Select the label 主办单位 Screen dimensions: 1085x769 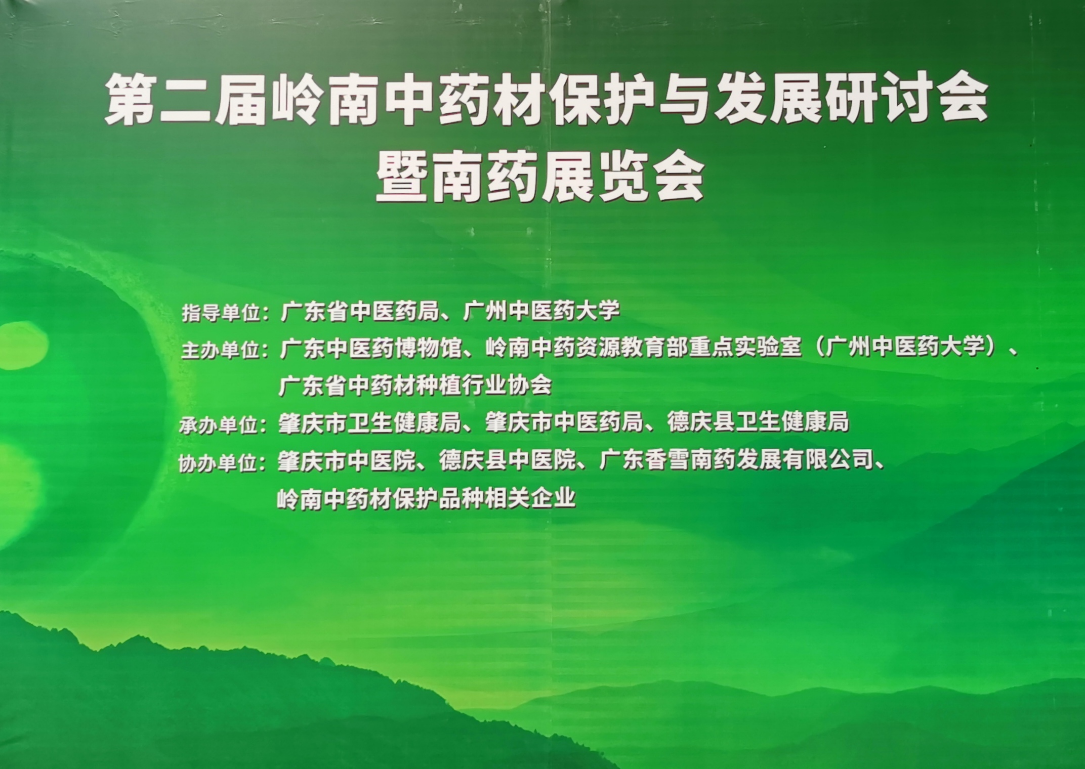click(x=221, y=351)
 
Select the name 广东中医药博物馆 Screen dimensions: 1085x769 click(x=371, y=349)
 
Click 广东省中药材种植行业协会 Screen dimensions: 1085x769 click(x=415, y=386)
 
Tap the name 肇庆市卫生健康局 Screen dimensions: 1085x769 click(x=369, y=423)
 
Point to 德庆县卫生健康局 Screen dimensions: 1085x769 click(x=758, y=422)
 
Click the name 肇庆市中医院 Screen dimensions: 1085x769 click(x=347, y=461)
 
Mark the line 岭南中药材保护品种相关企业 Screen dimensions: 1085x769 click(x=427, y=498)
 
